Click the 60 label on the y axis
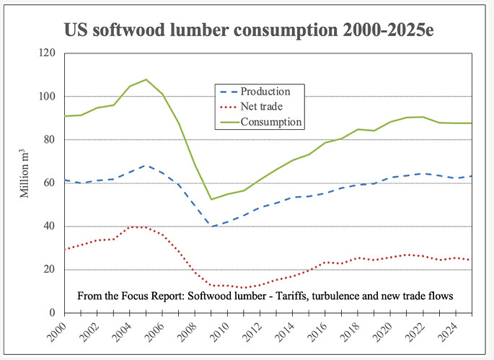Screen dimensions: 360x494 [x=50, y=183]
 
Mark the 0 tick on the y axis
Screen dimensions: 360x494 [x=53, y=313]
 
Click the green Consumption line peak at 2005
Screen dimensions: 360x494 [x=146, y=79]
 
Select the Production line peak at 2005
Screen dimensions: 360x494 [x=146, y=165]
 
